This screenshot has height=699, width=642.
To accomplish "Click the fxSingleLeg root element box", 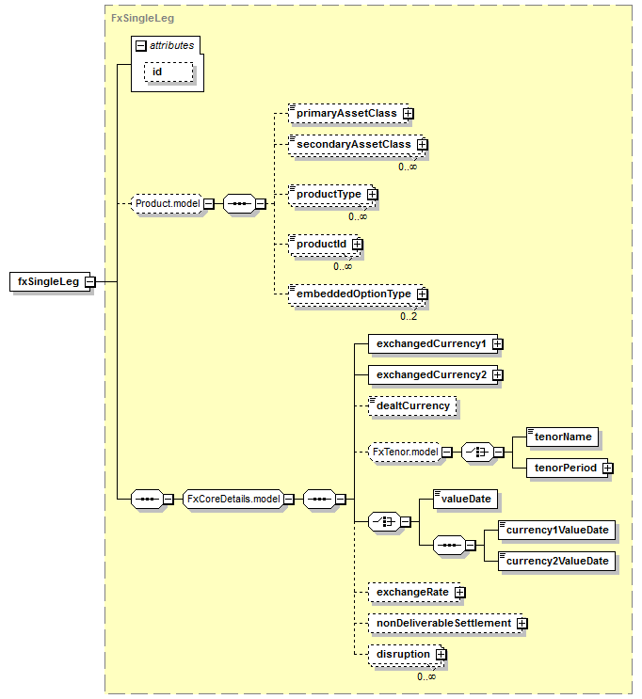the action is (x=50, y=281).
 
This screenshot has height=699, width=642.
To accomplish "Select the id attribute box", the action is (x=169, y=72).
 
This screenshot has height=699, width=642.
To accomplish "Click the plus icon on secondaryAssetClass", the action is (x=422, y=145).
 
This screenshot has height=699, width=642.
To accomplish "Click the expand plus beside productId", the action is (x=357, y=245).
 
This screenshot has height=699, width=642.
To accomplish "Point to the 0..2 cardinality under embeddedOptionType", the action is (x=409, y=316).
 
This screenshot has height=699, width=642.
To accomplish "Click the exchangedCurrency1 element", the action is (x=433, y=344).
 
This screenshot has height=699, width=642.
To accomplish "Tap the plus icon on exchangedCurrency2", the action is (x=497, y=375).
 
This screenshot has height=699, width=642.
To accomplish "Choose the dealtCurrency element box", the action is (x=412, y=406).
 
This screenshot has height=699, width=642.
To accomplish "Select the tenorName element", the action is (x=562, y=437).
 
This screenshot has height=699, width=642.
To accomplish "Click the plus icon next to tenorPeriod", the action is (x=607, y=469).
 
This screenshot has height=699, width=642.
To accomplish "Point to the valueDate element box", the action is (x=465, y=500).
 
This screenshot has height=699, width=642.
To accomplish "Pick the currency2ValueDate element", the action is (x=556, y=562).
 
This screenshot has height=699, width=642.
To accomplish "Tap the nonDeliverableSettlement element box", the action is (x=445, y=623).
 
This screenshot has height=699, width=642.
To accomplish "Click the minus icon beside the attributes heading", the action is (x=141, y=45).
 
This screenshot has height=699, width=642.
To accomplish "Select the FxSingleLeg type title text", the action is (x=142, y=18).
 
